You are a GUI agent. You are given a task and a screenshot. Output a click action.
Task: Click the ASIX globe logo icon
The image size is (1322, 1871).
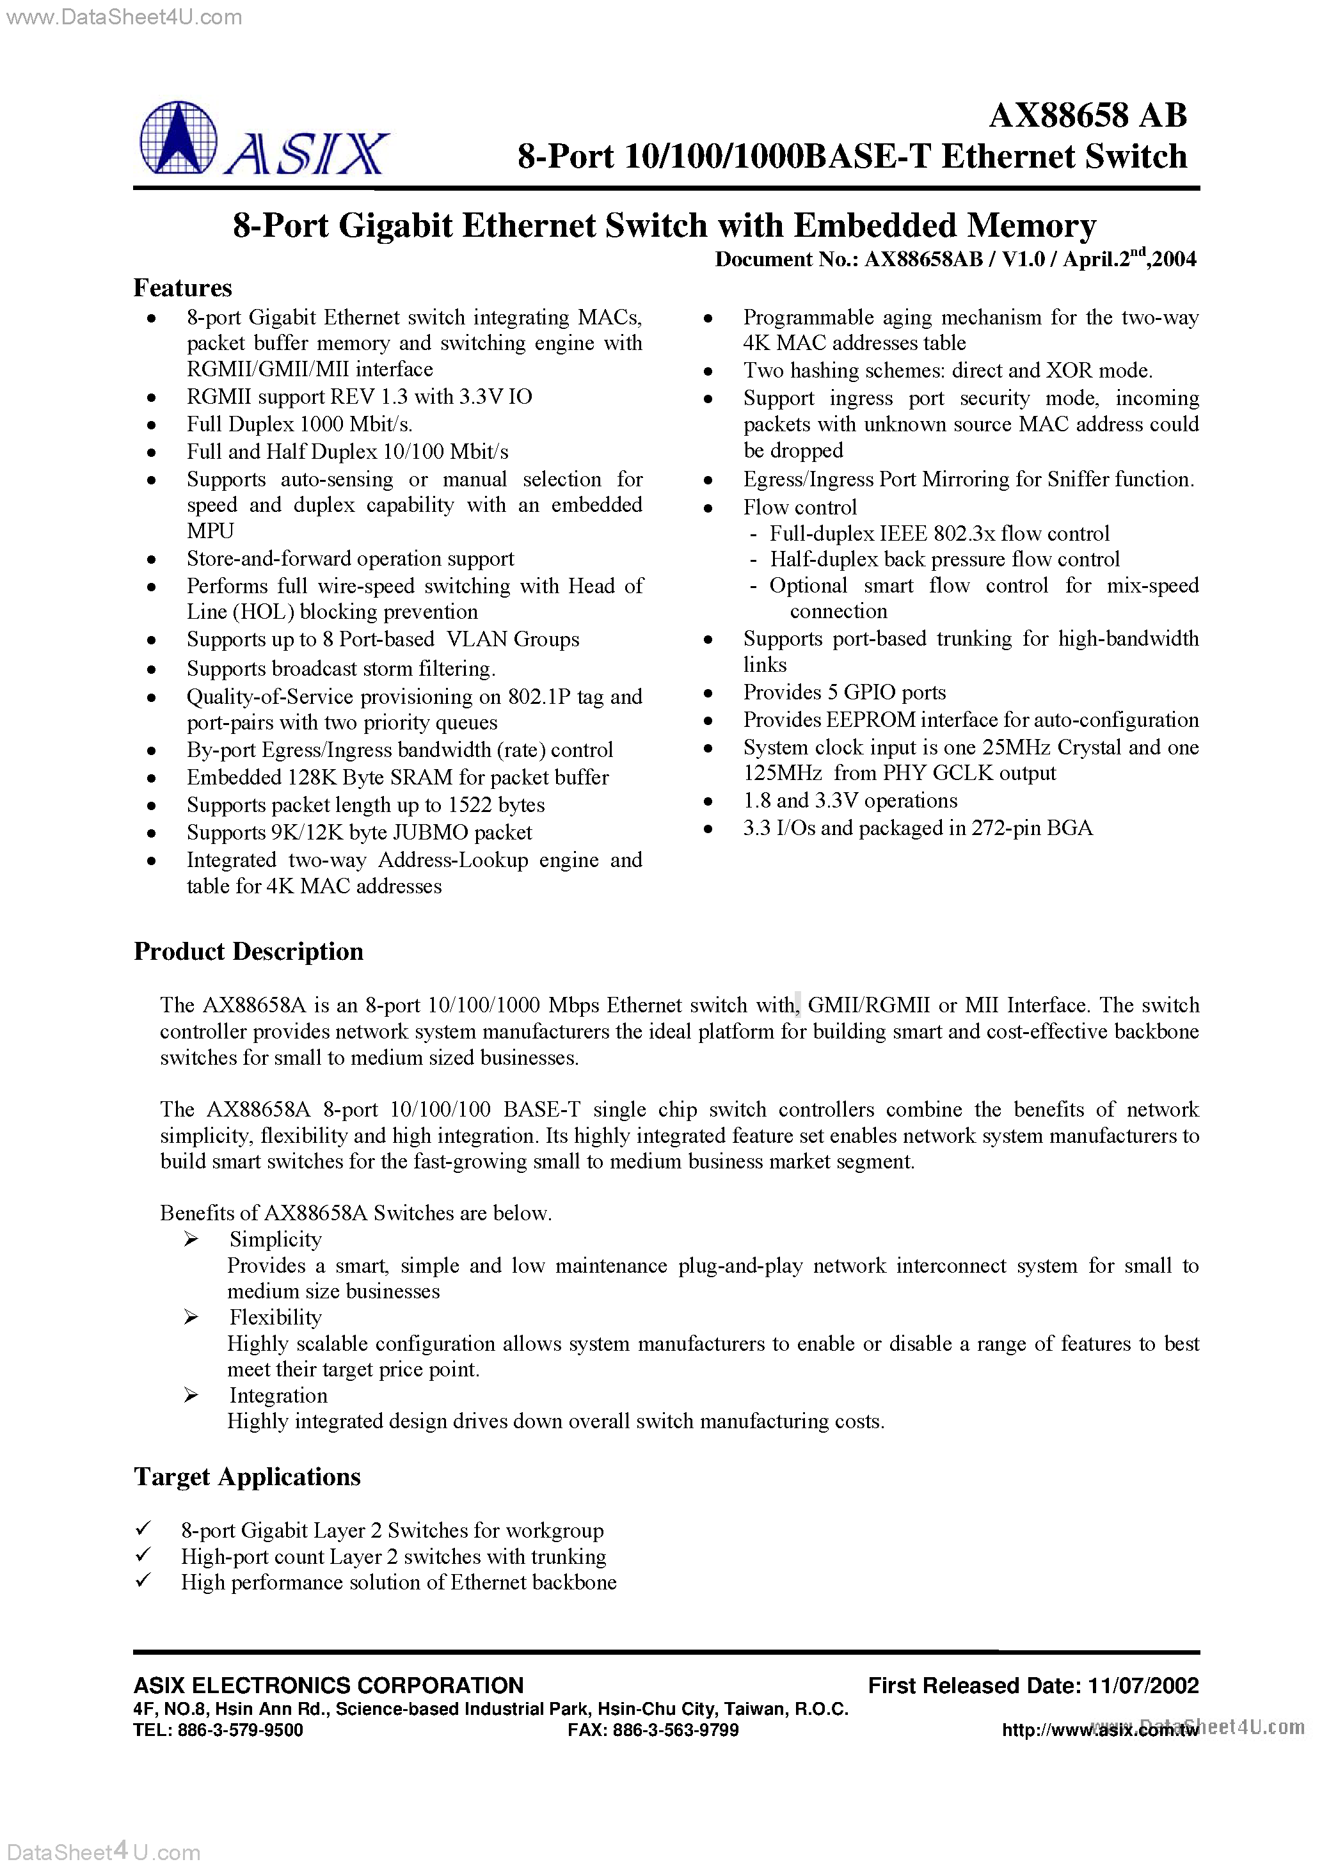pyautogui.click(x=179, y=138)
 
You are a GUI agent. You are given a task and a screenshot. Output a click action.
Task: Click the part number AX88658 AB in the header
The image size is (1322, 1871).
pyautogui.click(x=1087, y=116)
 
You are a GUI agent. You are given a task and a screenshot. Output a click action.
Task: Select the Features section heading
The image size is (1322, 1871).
pyautogui.click(x=182, y=289)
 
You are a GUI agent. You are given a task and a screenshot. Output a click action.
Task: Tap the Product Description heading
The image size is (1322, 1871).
pyautogui.click(x=248, y=951)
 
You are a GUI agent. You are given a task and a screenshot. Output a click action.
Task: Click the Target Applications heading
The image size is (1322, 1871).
pyautogui.click(x=247, y=1477)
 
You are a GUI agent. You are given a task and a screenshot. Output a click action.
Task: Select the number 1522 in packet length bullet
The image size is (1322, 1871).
pyautogui.click(x=470, y=805)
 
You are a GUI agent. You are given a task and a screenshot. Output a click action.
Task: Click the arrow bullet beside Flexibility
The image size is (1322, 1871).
pyautogui.click(x=191, y=1318)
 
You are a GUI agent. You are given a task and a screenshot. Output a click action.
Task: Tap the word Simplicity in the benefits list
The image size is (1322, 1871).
pyautogui.click(x=276, y=1239)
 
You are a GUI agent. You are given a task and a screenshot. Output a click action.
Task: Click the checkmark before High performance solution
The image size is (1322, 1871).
pyautogui.click(x=143, y=1582)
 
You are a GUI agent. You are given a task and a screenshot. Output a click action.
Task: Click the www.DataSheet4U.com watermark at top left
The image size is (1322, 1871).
pyautogui.click(x=124, y=17)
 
